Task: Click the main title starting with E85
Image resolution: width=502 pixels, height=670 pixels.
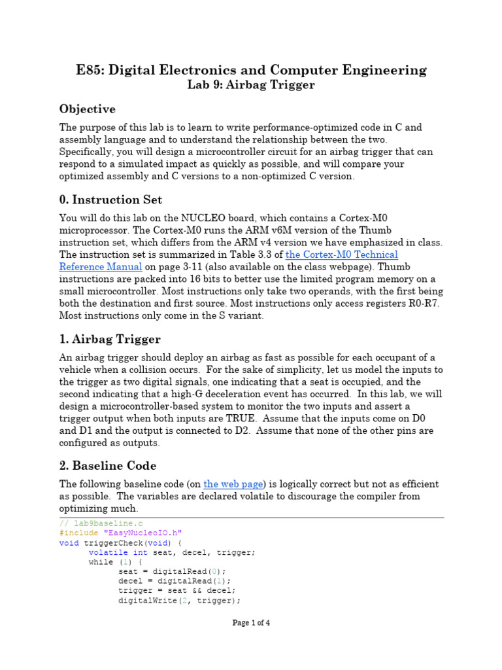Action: (x=251, y=70)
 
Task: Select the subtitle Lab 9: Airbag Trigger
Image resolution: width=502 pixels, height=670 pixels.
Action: (x=251, y=85)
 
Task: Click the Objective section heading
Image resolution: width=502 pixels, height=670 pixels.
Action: (x=88, y=109)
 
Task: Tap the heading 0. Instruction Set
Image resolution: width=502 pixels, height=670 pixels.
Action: (x=110, y=200)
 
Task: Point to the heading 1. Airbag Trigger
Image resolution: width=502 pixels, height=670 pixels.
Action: (x=110, y=339)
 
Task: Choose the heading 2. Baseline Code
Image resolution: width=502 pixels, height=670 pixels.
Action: (x=108, y=466)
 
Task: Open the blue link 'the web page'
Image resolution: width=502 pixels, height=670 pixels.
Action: (x=233, y=484)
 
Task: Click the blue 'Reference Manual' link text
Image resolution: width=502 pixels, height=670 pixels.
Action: (x=101, y=267)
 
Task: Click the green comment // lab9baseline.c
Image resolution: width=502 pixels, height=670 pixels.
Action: (x=101, y=523)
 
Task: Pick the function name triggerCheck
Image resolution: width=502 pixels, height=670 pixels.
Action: (x=112, y=542)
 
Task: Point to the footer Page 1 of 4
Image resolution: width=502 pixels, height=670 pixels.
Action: (x=251, y=623)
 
